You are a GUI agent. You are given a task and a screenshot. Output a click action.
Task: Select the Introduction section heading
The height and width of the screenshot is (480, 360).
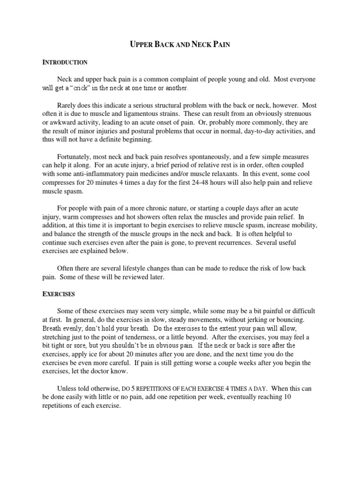point(65,62)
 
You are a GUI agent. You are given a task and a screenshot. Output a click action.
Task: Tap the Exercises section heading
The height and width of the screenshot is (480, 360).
point(59,294)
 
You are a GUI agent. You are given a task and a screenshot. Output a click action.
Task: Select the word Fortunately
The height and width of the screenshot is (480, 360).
point(76,157)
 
